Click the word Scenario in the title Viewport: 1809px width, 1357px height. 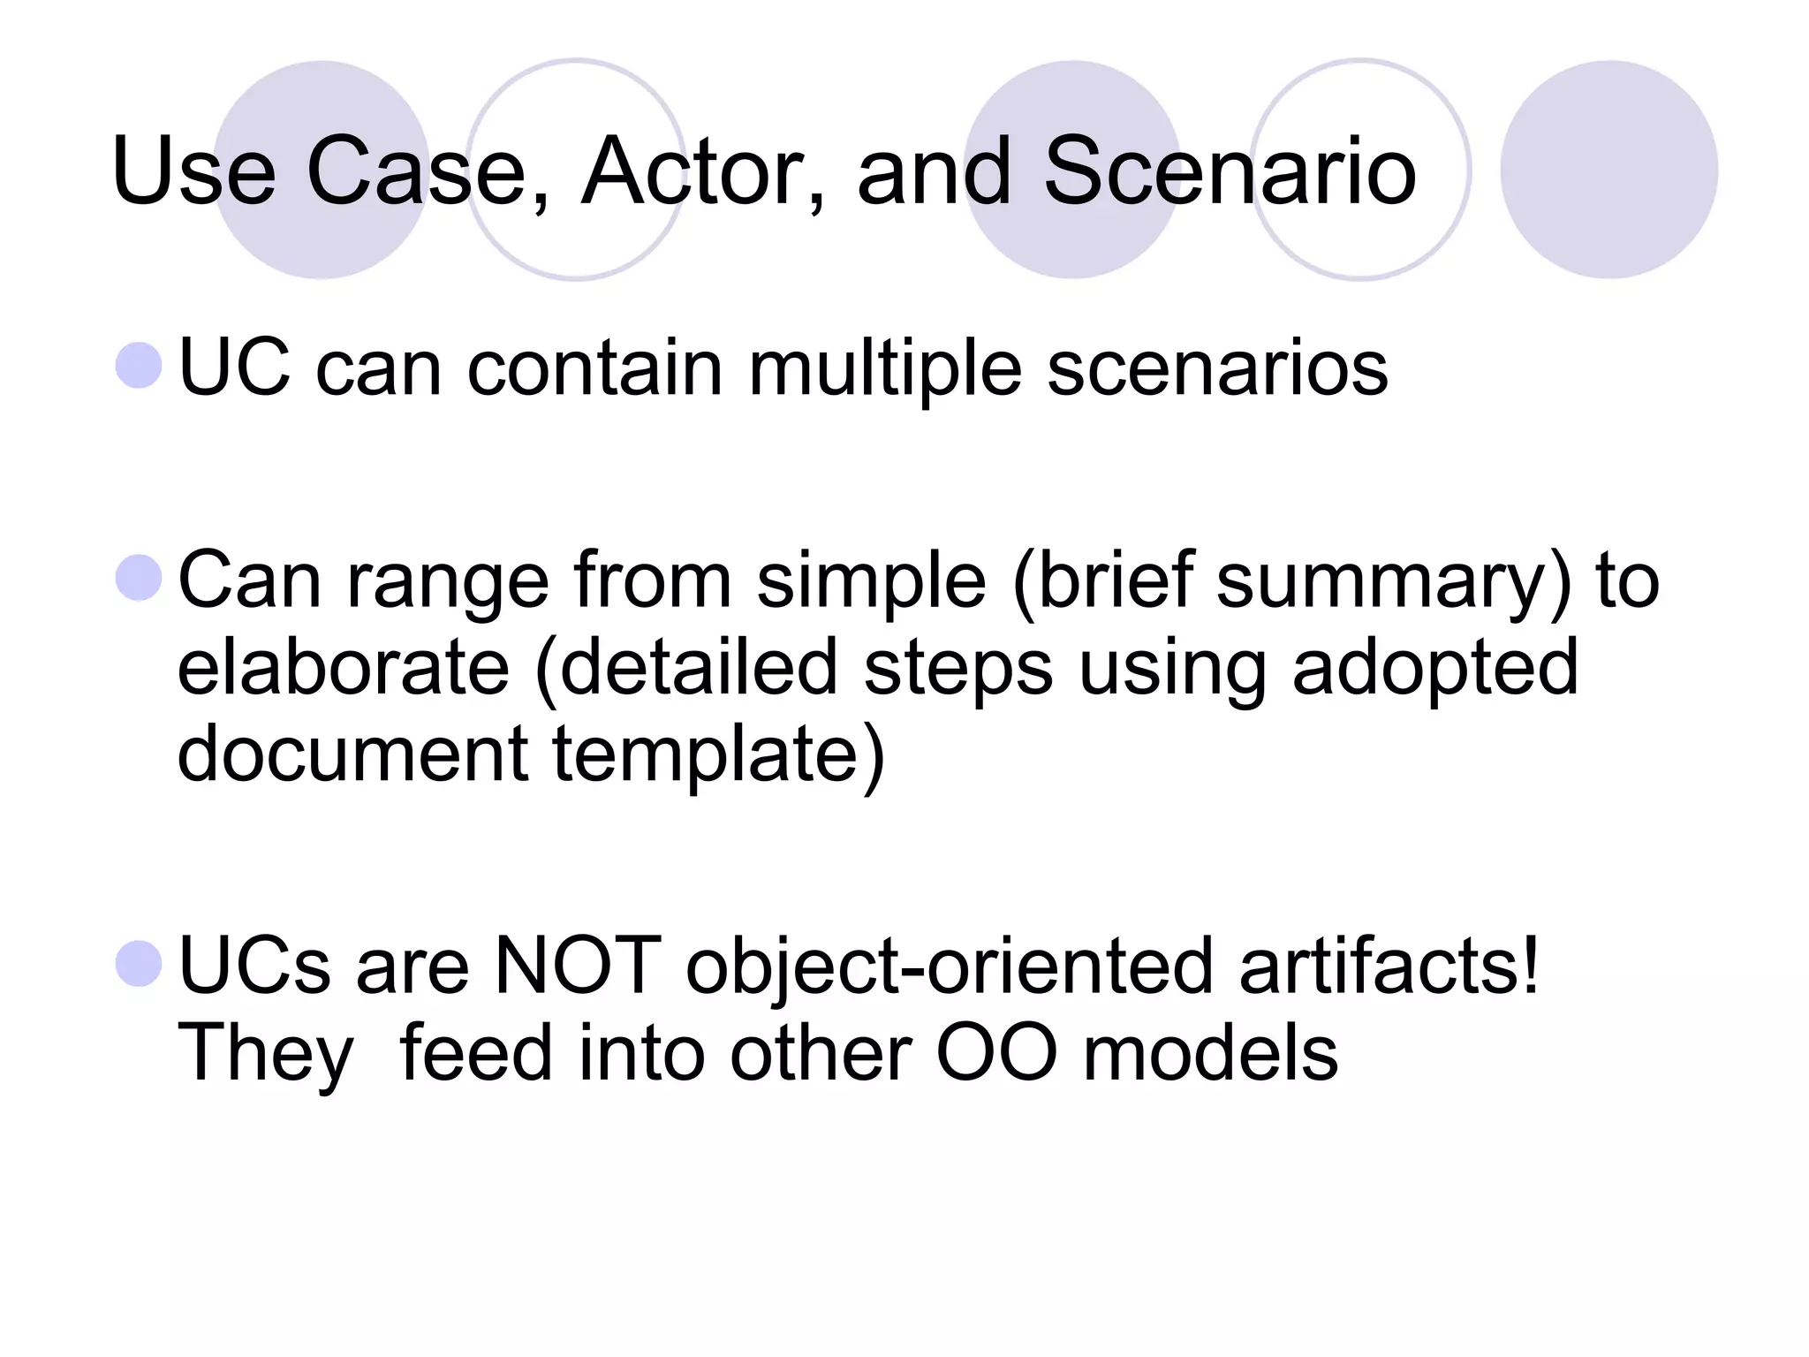point(1230,171)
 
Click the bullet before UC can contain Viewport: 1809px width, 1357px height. point(140,365)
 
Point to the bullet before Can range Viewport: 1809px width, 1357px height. point(140,578)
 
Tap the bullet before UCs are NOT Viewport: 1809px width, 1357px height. point(140,964)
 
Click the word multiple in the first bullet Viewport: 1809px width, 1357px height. point(884,369)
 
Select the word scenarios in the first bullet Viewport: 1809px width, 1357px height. point(1217,369)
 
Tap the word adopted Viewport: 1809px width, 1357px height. point(1434,670)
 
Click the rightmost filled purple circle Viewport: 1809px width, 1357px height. point(1609,170)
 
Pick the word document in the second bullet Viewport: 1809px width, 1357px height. point(352,754)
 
